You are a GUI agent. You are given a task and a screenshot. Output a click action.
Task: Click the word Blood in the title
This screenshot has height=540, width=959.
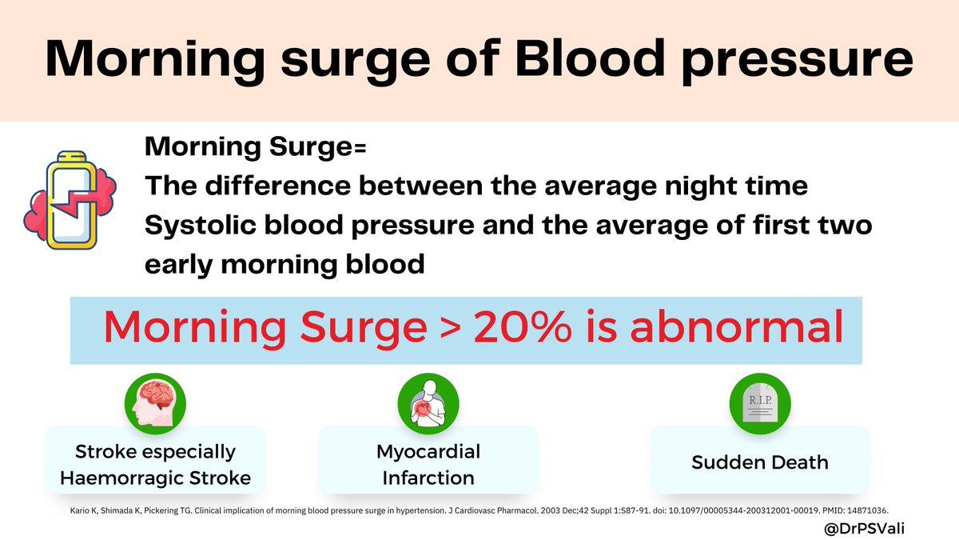click(x=590, y=58)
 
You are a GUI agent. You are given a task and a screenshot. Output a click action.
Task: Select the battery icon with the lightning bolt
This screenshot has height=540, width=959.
click(x=70, y=200)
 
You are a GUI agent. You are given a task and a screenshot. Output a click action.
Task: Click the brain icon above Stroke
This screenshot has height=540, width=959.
click(x=155, y=404)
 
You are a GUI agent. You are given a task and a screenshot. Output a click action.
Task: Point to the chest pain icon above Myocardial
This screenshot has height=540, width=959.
click(x=428, y=404)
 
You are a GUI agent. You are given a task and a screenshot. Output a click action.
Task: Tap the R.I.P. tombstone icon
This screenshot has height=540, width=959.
click(x=760, y=404)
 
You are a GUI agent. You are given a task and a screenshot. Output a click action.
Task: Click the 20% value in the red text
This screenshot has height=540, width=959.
click(x=523, y=328)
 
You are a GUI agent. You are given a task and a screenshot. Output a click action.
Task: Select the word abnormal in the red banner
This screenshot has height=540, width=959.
click(x=737, y=326)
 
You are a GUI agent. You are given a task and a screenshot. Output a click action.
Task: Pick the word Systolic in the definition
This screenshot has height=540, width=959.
click(x=201, y=226)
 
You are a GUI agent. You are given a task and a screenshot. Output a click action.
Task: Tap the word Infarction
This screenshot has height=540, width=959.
click(x=428, y=478)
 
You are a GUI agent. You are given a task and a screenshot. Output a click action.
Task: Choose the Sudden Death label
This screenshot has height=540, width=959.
click(x=760, y=462)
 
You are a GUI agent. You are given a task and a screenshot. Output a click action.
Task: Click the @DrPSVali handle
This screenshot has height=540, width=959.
click(x=864, y=529)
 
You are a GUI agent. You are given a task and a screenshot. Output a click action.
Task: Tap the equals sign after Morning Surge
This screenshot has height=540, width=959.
click(x=360, y=148)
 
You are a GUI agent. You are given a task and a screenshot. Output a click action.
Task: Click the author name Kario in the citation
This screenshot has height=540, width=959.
click(x=77, y=510)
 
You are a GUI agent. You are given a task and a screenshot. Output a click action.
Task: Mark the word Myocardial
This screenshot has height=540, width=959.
click(x=428, y=452)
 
